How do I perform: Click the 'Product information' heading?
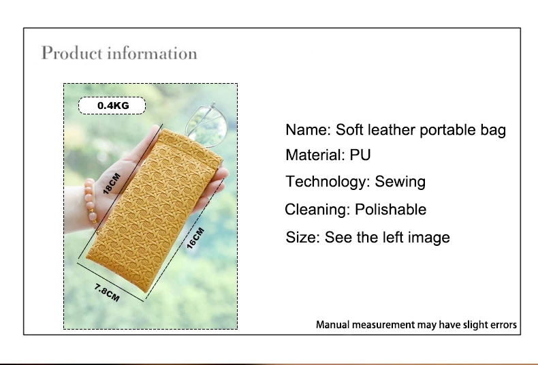coord(119,53)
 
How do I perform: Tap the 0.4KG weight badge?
coord(112,106)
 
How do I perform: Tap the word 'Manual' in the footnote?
coord(334,325)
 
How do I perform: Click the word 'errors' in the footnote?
coord(503,325)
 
